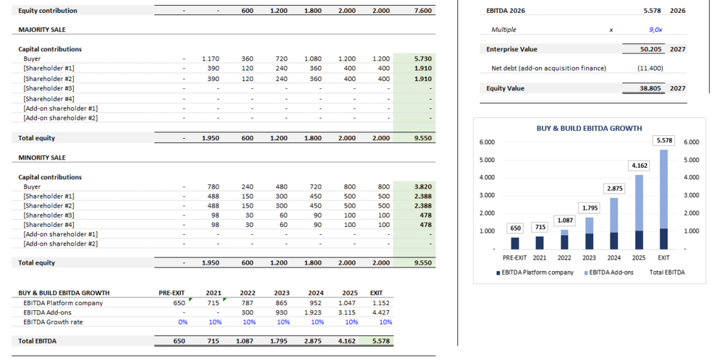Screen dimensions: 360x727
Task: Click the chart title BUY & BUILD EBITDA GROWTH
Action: [589, 128]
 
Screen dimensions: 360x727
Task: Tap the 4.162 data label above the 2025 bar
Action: [639, 166]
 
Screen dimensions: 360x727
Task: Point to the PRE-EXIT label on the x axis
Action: [515, 257]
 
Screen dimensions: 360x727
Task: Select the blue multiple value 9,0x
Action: [655, 30]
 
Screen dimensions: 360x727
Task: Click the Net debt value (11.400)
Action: [650, 68]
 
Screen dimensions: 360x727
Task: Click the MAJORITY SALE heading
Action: [42, 30]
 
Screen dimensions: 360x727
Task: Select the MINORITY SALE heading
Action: [42, 158]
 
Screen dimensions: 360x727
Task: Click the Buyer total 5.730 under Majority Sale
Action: [422, 59]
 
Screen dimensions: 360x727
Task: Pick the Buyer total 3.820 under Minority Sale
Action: [422, 187]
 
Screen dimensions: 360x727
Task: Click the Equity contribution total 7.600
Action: [422, 11]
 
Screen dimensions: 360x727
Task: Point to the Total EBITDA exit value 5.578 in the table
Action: [380, 340]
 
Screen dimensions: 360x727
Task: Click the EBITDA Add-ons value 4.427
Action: [381, 312]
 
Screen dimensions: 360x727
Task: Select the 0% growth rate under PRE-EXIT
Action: [182, 322]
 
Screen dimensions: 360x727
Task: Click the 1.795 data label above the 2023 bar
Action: [591, 208]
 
